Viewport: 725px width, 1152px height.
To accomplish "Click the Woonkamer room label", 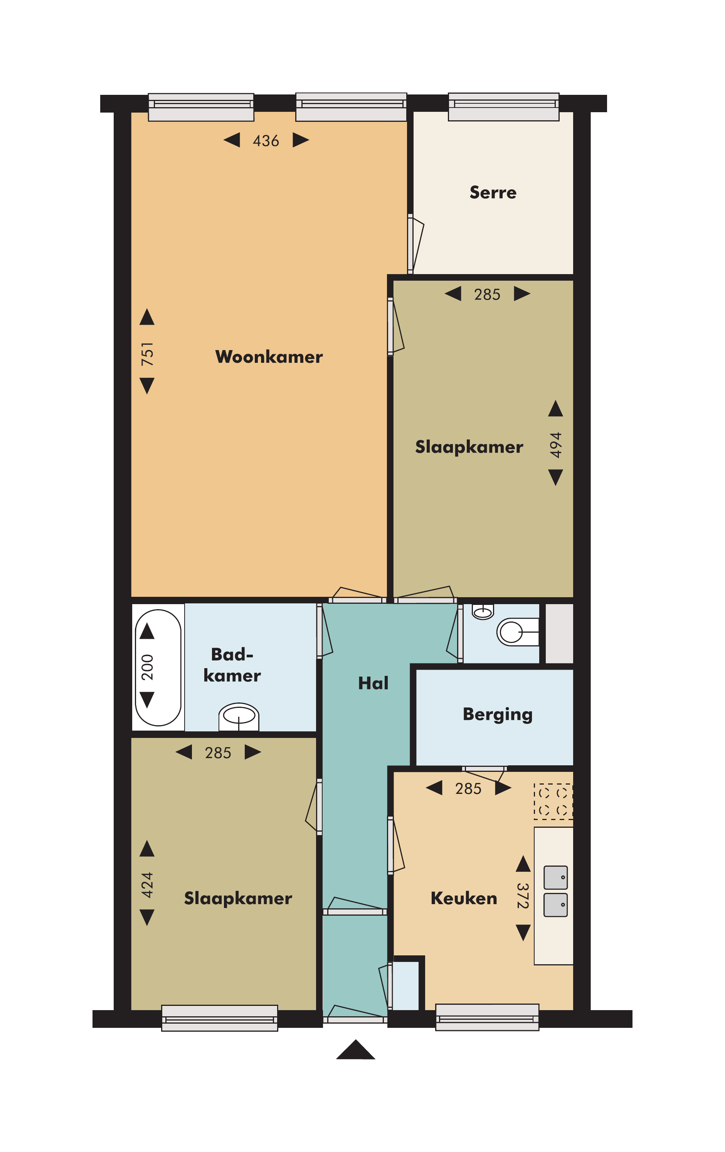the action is [x=269, y=357].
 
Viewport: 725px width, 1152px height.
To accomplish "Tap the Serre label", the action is [x=493, y=192].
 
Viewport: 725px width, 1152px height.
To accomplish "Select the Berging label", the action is [x=497, y=714].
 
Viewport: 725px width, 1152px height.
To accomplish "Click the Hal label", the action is [x=373, y=683].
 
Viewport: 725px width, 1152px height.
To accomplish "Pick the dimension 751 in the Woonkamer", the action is [x=147, y=354].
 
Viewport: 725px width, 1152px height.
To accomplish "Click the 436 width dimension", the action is [x=266, y=141].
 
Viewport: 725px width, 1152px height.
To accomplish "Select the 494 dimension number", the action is [x=555, y=445].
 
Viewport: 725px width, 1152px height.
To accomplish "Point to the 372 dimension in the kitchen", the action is [x=523, y=896].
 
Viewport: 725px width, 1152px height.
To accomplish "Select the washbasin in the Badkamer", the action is [x=239, y=716].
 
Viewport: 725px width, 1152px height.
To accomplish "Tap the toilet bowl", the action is [x=518, y=632].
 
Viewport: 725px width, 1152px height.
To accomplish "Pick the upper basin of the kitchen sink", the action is [x=556, y=877].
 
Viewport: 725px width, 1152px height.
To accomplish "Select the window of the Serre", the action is [x=504, y=107].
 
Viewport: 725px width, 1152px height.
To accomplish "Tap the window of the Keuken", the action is [x=487, y=1017].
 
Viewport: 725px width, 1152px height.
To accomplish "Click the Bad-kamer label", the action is [x=232, y=665].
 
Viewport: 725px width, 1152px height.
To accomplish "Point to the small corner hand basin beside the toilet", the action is [x=483, y=612].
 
